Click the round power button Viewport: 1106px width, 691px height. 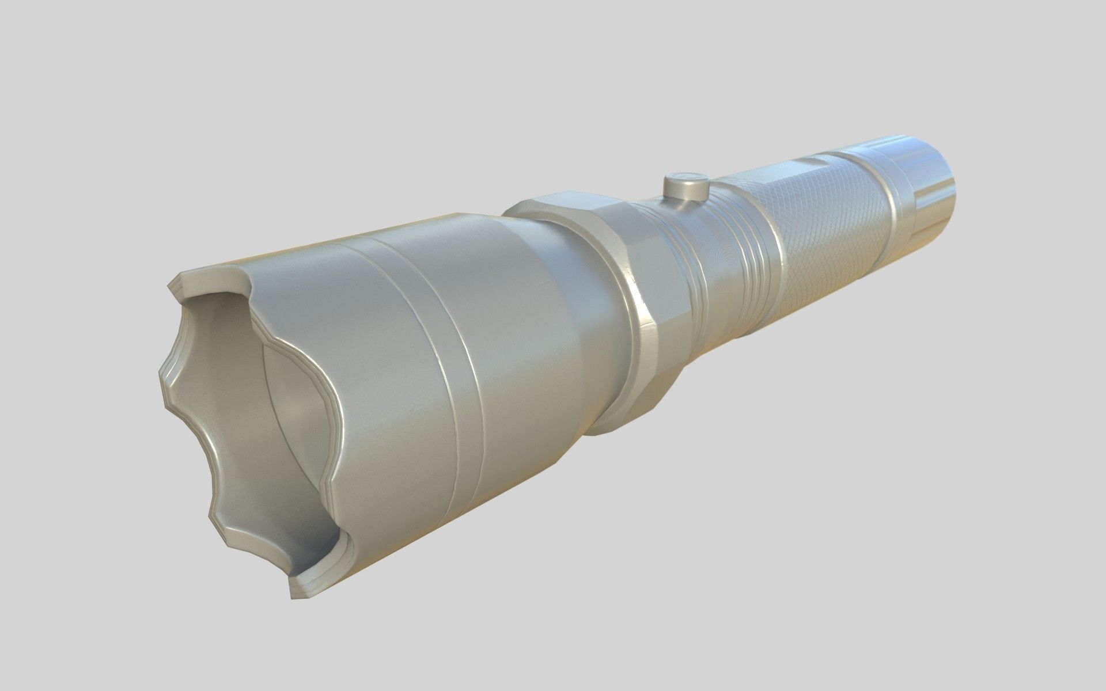[x=685, y=185]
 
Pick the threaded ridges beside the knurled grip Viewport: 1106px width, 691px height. [x=743, y=242]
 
